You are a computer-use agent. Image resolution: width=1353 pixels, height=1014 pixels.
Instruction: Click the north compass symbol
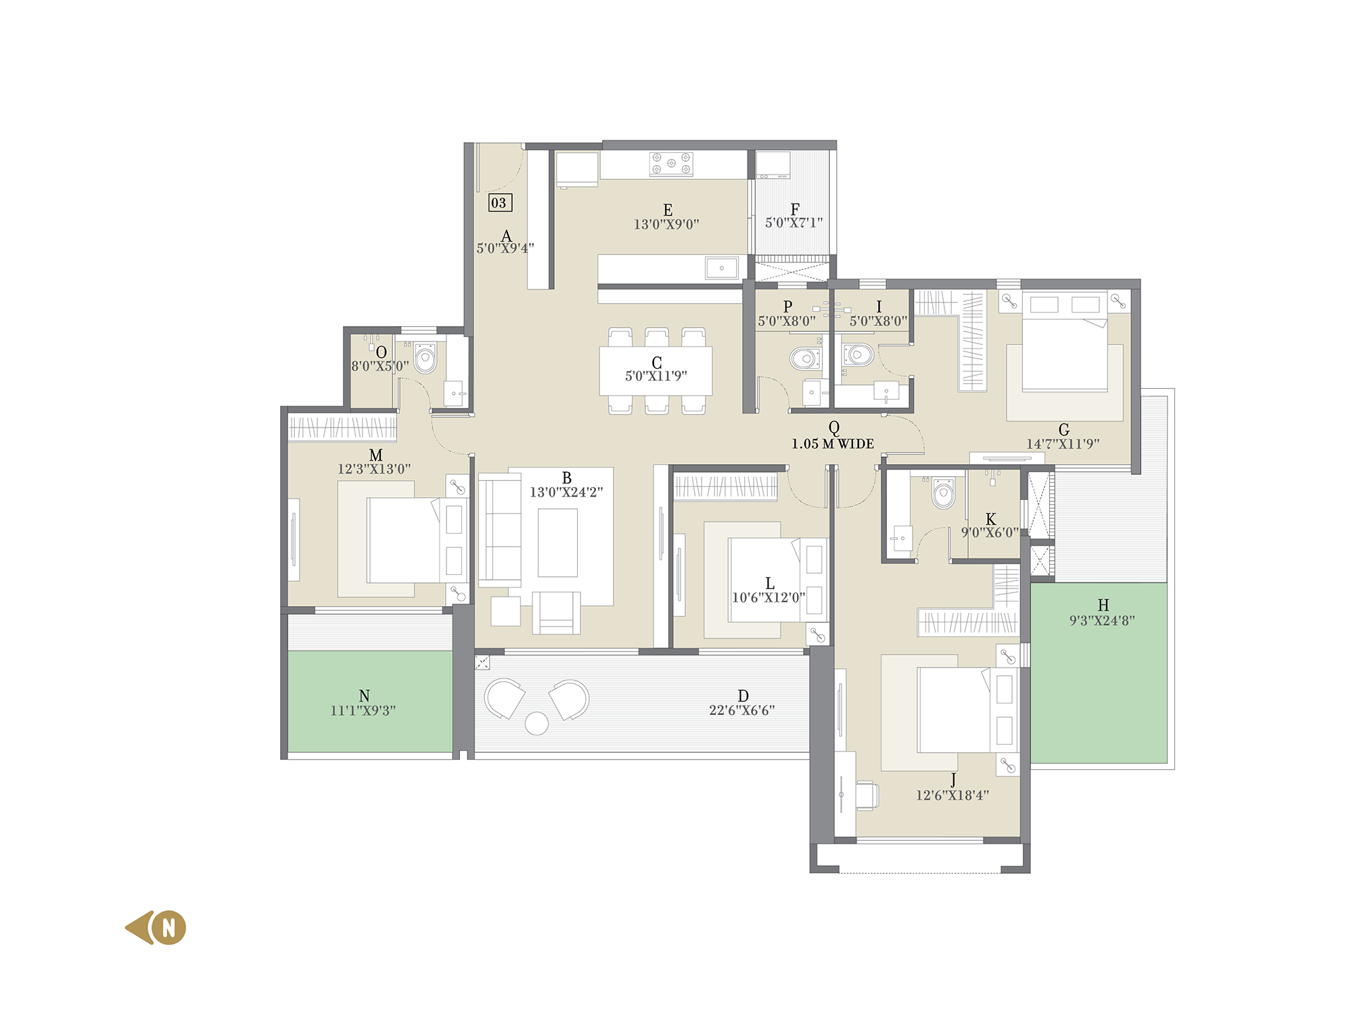pyautogui.click(x=156, y=927)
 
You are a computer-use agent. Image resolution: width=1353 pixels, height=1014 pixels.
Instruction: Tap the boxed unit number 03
pyautogui.click(x=500, y=202)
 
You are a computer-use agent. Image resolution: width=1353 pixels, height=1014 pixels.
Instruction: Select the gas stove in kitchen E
pyautogui.click(x=670, y=164)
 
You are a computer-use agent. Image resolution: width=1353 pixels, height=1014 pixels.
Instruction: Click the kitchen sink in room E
pyautogui.click(x=722, y=268)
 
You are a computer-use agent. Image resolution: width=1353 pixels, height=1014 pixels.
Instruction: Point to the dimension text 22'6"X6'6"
pyautogui.click(x=741, y=710)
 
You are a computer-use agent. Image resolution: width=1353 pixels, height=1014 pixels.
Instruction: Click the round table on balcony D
pyautogui.click(x=536, y=723)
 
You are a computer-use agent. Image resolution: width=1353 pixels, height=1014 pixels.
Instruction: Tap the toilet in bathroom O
pyautogui.click(x=426, y=358)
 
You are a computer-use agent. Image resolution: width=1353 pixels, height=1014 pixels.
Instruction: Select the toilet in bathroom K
pyautogui.click(x=943, y=493)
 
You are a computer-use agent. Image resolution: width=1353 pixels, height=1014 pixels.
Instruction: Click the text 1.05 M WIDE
pyautogui.click(x=833, y=444)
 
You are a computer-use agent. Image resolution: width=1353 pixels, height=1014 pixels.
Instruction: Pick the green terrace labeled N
pyautogui.click(x=370, y=701)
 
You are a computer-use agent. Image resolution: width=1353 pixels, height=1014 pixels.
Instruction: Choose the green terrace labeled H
pyautogui.click(x=1099, y=673)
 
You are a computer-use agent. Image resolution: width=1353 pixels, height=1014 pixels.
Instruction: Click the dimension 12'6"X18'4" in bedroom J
pyautogui.click(x=952, y=796)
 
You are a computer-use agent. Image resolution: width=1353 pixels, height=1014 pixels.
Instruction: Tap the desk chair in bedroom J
pyautogui.click(x=867, y=795)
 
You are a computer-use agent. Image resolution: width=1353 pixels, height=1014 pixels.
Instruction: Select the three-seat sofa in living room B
pyautogui.click(x=500, y=530)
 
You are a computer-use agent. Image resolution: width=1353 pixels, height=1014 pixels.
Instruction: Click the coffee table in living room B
pyautogui.click(x=557, y=543)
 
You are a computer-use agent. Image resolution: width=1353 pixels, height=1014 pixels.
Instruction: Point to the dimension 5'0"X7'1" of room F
pyautogui.click(x=794, y=223)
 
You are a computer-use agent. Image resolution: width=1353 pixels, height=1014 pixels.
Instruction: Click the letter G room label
pyautogui.click(x=1063, y=430)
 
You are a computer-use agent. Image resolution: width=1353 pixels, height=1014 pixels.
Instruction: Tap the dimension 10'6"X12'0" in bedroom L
pyautogui.click(x=769, y=597)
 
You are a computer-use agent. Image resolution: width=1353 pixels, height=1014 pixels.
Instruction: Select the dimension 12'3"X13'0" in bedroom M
pyautogui.click(x=374, y=469)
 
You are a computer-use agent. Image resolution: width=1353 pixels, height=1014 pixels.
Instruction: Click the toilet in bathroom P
pyautogui.click(x=804, y=358)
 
